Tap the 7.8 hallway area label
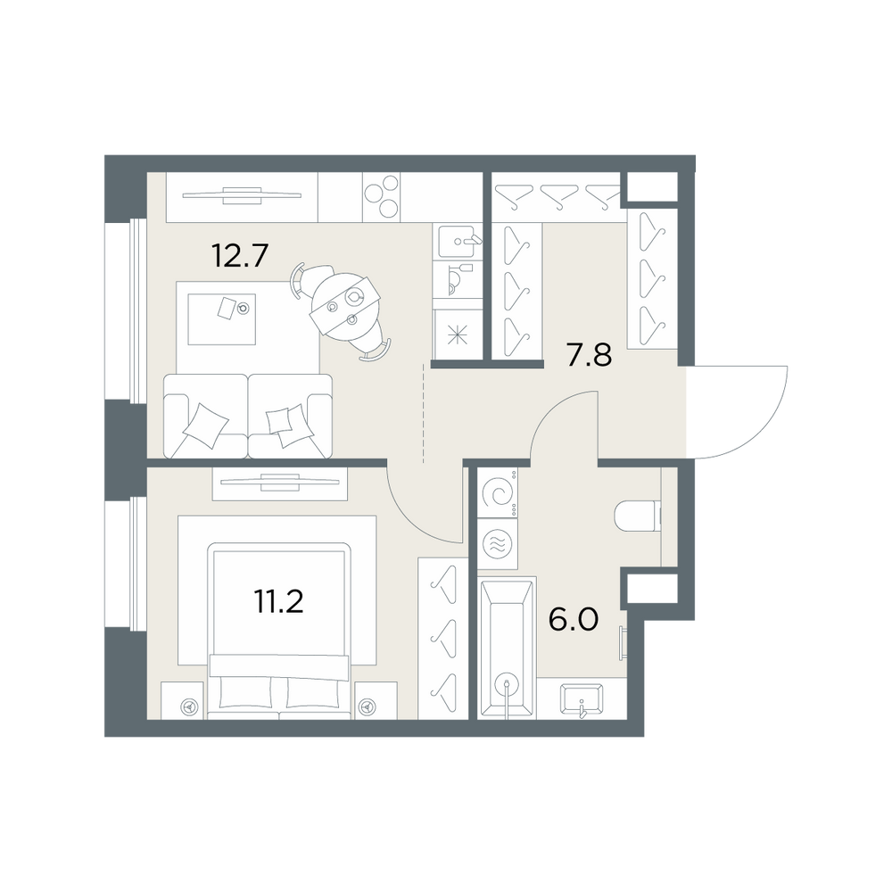(589, 356)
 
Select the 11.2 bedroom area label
(278, 601)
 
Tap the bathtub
(507, 648)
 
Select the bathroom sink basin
(581, 699)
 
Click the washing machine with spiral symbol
(498, 492)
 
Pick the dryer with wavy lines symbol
(498, 543)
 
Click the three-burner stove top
(381, 197)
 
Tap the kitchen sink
(461, 241)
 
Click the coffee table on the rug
(222, 318)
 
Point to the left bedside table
(182, 700)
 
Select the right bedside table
(376, 700)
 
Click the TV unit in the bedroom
(280, 483)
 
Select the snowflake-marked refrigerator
(458, 334)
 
